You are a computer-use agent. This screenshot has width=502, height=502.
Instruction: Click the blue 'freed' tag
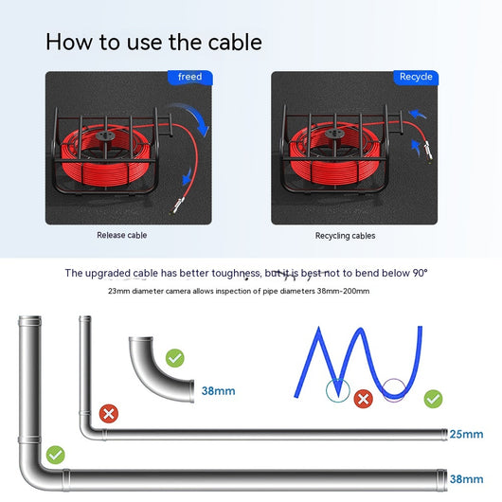190,78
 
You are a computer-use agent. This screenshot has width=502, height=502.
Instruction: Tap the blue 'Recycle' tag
416,78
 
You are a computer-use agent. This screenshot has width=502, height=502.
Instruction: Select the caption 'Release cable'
121,235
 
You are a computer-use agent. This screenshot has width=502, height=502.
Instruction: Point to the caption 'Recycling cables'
345,236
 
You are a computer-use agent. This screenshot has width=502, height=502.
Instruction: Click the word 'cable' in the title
235,42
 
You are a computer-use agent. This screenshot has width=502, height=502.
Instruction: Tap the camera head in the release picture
178,206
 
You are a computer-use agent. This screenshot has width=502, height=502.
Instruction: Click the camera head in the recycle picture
428,151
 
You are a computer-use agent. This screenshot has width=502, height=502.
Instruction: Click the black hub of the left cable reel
106,136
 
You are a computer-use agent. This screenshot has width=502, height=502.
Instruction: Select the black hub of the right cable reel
335,134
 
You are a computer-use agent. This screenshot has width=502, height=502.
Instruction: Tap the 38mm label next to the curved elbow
219,391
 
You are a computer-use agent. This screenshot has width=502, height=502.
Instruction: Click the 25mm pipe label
466,434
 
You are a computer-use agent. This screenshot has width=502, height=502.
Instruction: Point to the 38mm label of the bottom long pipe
466,479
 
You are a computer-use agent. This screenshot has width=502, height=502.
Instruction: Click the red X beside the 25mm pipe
109,414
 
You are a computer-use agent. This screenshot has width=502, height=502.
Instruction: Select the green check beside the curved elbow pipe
175,358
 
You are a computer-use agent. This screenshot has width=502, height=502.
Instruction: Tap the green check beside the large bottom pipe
55,455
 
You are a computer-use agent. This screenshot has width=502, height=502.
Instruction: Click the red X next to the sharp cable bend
363,399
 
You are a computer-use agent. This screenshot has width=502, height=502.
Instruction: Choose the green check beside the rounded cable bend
433,399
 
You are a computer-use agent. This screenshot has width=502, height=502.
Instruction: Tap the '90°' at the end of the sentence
420,273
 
